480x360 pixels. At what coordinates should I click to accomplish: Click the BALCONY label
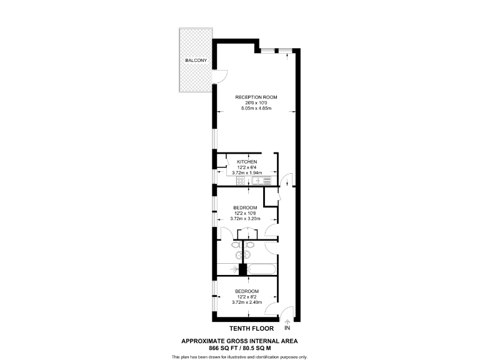[x=196, y=61]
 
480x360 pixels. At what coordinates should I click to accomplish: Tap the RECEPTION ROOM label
[x=256, y=97]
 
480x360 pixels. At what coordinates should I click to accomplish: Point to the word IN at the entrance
[x=287, y=328]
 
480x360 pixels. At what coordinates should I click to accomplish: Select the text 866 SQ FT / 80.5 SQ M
[x=239, y=348]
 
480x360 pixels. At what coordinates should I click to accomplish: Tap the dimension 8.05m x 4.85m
[x=256, y=109]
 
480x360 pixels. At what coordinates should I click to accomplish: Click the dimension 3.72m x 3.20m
[x=246, y=219]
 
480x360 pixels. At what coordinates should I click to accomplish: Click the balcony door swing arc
[x=222, y=78]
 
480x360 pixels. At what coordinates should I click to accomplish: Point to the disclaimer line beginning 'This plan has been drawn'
[x=239, y=356]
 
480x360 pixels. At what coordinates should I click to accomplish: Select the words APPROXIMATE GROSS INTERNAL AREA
[x=239, y=341]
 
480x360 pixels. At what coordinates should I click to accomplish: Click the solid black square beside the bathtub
[x=243, y=269]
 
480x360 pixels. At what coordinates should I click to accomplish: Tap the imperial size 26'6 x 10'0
[x=256, y=103]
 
